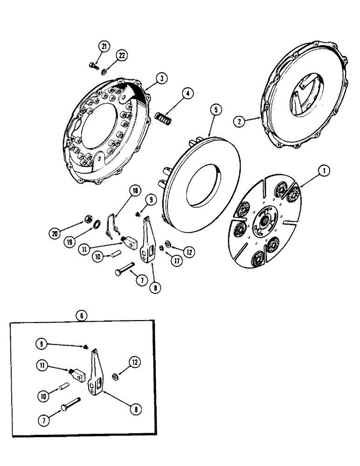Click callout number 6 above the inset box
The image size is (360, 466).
pyautogui.click(x=82, y=315)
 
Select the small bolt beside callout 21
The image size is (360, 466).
pyautogui.click(x=93, y=67)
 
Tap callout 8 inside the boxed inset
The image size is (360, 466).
pyautogui.click(x=137, y=409)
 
